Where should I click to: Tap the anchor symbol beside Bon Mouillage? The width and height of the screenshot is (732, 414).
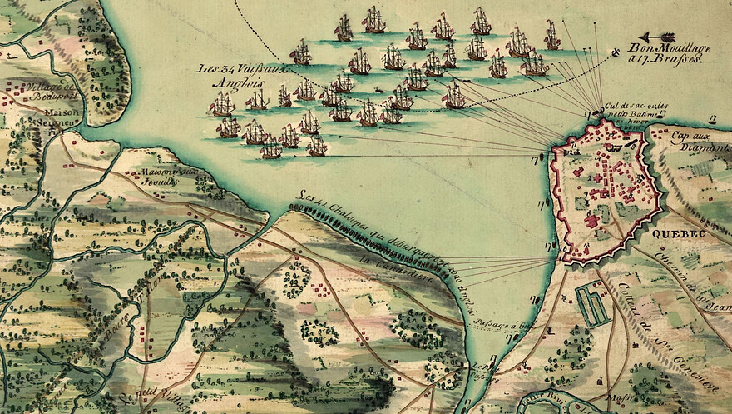pyautogui.click(x=616, y=52)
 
